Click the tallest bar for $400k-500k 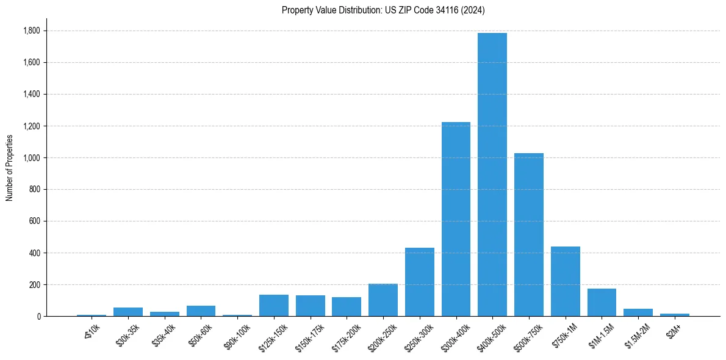click(492, 175)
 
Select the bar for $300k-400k click(456, 220)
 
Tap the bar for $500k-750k click(528, 235)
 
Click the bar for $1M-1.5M click(602, 303)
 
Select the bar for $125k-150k click(274, 306)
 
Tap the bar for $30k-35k click(128, 312)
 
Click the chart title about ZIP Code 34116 click(383, 10)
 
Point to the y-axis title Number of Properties click(9, 167)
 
